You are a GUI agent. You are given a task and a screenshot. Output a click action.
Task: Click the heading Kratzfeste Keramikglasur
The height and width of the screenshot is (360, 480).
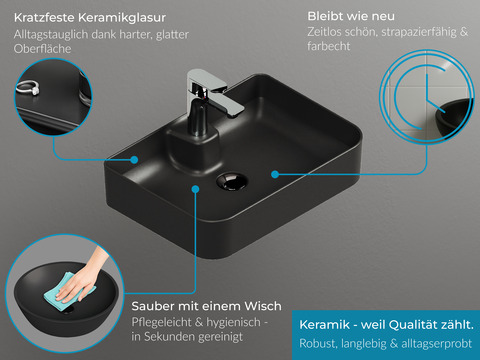[90, 18]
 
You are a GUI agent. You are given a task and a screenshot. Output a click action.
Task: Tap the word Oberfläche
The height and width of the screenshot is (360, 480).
[43, 49]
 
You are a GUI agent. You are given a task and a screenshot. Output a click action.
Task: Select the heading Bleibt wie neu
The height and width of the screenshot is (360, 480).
[351, 16]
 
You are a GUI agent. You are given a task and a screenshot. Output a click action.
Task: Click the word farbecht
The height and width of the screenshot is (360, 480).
[329, 46]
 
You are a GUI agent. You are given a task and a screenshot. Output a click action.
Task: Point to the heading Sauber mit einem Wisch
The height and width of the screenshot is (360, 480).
[206, 306]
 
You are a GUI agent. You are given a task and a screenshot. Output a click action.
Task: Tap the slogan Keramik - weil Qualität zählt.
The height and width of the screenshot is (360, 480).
[386, 325]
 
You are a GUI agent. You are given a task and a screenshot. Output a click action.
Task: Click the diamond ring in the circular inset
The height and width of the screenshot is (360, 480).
[28, 87]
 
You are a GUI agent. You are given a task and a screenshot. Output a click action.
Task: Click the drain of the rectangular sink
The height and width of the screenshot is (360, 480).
[232, 181]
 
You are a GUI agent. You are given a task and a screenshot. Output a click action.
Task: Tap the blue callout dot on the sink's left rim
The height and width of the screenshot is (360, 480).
[134, 160]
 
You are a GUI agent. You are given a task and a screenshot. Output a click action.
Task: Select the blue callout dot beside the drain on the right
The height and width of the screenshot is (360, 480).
[275, 174]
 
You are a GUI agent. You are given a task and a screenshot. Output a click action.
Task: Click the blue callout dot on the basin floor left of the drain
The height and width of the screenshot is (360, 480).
[196, 189]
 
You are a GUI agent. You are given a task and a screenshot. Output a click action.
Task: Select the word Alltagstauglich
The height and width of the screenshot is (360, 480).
[51, 35]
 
